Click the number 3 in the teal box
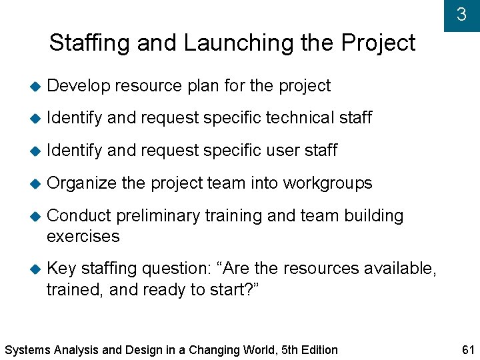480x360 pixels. tap(461, 15)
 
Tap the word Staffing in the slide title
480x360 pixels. tap(90, 43)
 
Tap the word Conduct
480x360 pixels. tap(79, 216)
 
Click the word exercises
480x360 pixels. tap(83, 237)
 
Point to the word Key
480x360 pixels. tap(62, 268)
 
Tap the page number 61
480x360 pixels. tap(466, 349)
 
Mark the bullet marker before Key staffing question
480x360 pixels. tap(35, 269)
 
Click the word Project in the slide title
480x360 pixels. tap(378, 43)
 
